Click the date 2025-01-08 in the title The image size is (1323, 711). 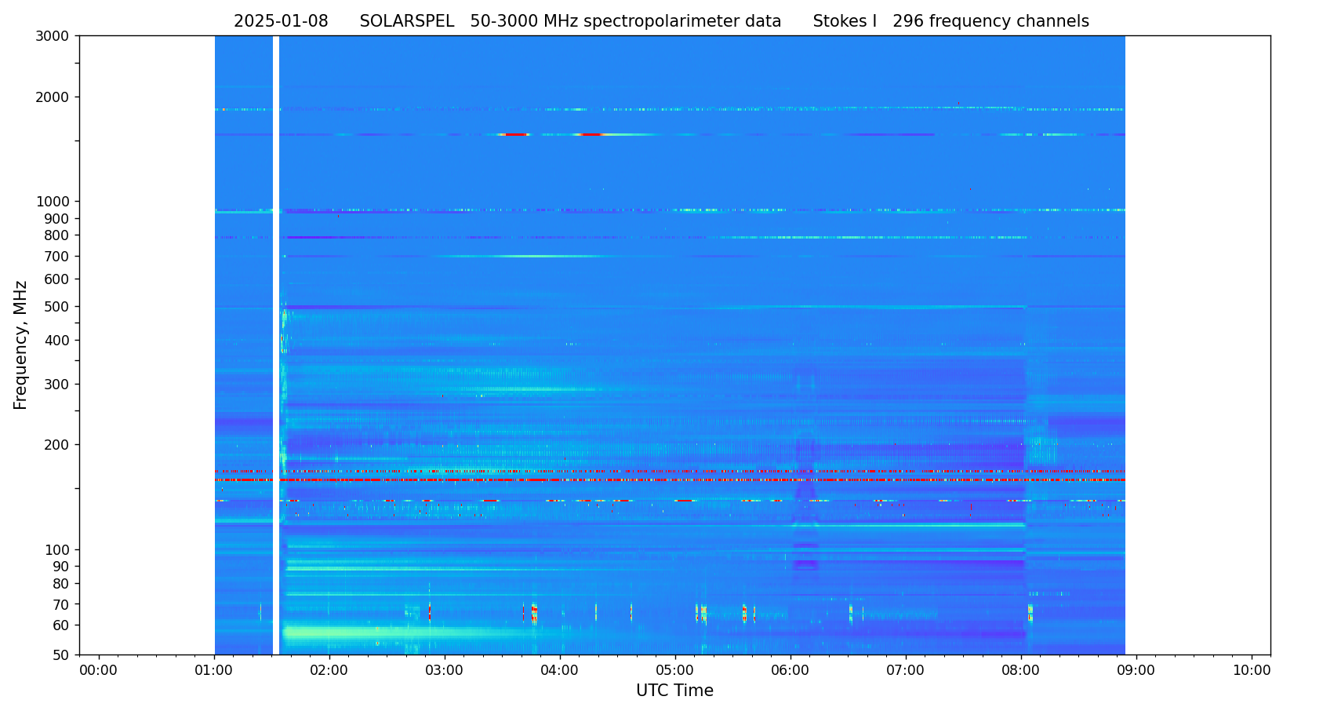281,22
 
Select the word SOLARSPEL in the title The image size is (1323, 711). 406,22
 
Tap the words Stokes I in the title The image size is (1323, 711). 845,22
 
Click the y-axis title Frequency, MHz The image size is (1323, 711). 21,345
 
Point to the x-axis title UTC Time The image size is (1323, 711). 674,691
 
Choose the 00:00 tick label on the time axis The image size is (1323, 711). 99,670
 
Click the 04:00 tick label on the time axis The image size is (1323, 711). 560,670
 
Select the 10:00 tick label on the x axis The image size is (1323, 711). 1252,670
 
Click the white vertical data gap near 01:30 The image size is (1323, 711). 276,345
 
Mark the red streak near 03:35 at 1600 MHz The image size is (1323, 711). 514,135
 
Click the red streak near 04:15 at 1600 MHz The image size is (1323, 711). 591,135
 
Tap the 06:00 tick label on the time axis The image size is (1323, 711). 791,670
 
